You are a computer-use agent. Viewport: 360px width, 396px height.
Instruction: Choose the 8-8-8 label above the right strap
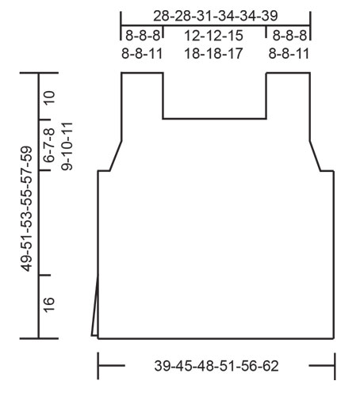[288, 36]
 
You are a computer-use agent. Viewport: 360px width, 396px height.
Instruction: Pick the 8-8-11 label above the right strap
[288, 54]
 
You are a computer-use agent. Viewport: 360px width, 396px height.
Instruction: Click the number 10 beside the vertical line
[49, 97]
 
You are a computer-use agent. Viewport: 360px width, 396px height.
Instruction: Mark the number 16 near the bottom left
[49, 306]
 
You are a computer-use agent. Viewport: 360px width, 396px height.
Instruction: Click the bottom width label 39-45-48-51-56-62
[216, 366]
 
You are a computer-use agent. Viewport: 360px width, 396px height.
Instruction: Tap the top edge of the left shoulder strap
[142, 74]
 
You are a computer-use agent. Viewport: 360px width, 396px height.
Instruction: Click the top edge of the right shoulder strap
[288, 74]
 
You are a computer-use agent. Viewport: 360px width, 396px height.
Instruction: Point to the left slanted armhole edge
[115, 156]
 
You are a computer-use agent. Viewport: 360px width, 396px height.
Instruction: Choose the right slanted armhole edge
[315, 156]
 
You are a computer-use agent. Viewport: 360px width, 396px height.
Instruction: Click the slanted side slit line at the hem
[95, 309]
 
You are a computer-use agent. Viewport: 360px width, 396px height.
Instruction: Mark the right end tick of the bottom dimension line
[335, 366]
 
